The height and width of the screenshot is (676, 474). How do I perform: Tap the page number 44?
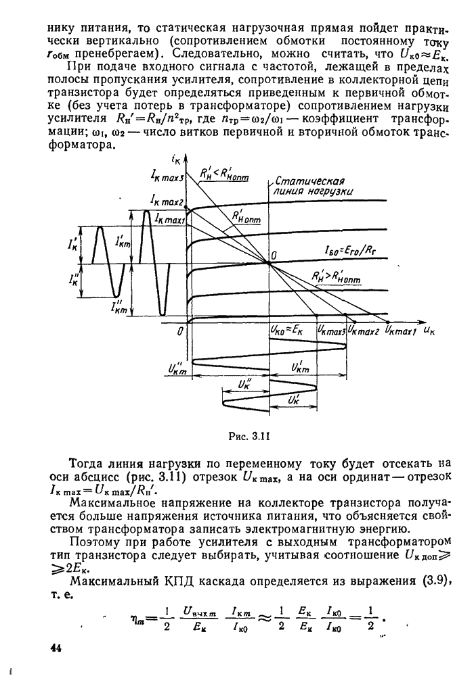tap(56, 648)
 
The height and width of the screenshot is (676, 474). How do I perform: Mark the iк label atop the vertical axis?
tap(177, 160)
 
